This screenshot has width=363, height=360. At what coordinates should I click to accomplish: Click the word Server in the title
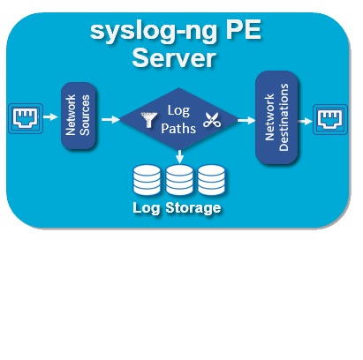[174, 58]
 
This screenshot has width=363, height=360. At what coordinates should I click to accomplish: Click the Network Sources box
[79, 116]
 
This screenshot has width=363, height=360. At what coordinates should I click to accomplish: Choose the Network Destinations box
[276, 117]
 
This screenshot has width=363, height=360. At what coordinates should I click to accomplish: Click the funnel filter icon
[148, 119]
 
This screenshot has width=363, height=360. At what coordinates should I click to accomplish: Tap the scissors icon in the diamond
[212, 120]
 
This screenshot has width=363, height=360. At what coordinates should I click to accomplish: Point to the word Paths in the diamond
[178, 129]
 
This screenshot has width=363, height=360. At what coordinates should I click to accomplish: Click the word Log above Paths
[178, 111]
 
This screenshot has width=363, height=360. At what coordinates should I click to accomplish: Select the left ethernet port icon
[26, 118]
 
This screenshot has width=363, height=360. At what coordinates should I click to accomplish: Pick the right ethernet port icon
[330, 119]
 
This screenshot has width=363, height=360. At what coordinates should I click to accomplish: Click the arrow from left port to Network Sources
[50, 117]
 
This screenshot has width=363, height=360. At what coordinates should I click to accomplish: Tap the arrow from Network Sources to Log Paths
[110, 119]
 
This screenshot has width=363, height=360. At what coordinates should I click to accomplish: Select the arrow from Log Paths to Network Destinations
[246, 120]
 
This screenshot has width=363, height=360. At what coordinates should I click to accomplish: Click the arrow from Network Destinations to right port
[306, 121]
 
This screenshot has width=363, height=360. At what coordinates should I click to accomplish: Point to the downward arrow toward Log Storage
[179, 157]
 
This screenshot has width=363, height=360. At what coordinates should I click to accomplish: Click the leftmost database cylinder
[147, 180]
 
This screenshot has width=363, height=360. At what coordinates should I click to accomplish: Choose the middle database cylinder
[179, 180]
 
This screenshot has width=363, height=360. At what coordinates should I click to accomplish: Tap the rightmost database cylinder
[211, 180]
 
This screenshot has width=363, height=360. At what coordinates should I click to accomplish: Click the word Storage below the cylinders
[193, 208]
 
